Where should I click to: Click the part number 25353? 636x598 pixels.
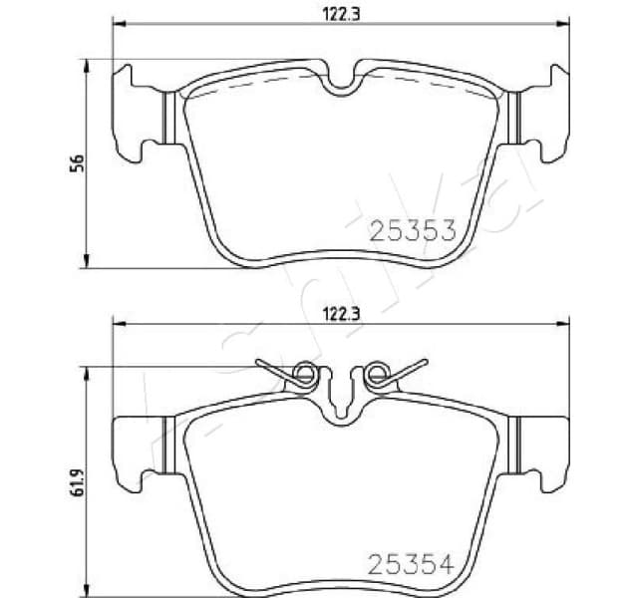point(412,232)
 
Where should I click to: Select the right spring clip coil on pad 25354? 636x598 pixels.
point(377,375)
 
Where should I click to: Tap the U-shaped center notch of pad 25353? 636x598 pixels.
point(342,82)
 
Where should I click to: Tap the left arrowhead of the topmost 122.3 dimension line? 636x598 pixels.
point(118,24)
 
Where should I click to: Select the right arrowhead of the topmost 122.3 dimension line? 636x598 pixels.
point(567,24)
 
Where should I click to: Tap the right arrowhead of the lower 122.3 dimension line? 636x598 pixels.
point(567,324)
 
